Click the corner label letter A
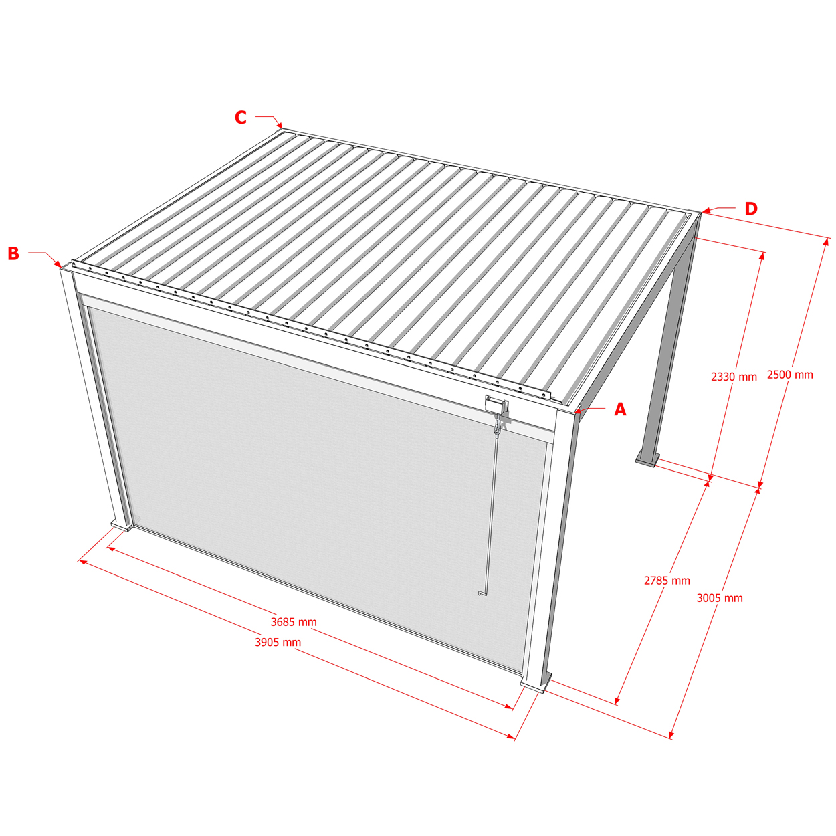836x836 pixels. pos(620,409)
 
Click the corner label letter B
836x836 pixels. pos(13,253)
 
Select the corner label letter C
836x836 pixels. pos(240,117)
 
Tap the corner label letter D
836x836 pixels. pos(751,209)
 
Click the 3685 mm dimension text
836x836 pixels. pos(294,622)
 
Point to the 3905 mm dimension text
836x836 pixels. pos(278,642)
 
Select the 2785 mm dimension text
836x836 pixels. pos(667,581)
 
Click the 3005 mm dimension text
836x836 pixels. pos(720,599)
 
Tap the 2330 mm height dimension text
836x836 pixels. pos(734,377)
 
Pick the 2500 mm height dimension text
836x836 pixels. pos(790,375)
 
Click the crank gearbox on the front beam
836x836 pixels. pos(496,405)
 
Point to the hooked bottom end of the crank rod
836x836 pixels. pos(480,593)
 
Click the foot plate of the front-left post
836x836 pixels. pos(122,526)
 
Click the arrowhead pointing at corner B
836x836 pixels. pos(58,264)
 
